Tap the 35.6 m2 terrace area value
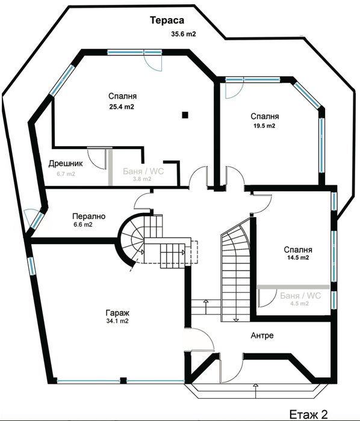click(x=183, y=34)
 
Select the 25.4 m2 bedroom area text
click(x=121, y=106)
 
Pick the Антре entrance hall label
click(x=261, y=335)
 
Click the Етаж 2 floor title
click(x=309, y=413)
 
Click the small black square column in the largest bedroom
click(x=186, y=114)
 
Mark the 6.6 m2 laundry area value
click(x=82, y=225)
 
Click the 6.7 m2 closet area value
click(x=66, y=174)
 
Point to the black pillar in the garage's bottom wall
click(x=122, y=380)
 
